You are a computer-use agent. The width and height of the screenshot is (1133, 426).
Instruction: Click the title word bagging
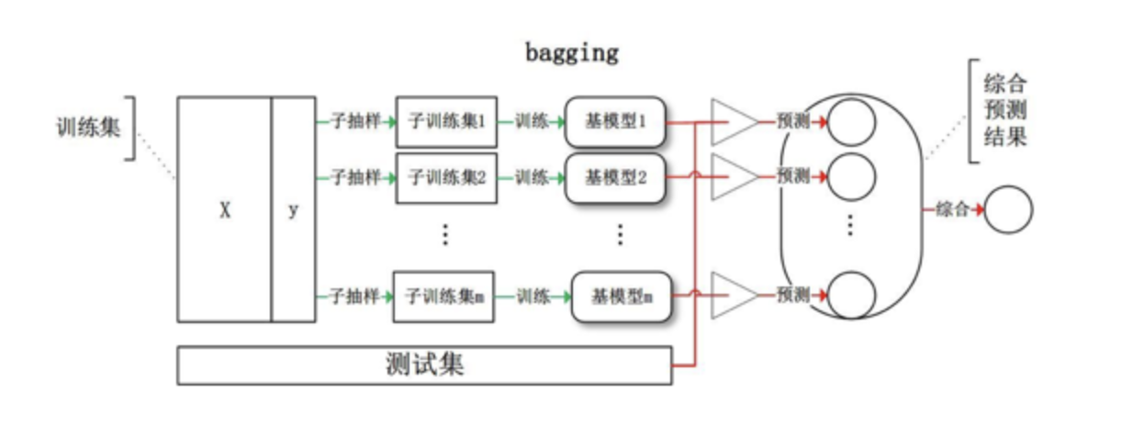(x=572, y=52)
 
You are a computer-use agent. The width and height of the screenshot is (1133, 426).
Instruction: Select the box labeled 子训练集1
(x=446, y=121)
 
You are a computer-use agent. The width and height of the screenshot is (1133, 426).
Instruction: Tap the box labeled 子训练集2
(x=446, y=177)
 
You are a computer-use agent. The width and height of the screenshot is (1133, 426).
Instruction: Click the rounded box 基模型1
(x=615, y=121)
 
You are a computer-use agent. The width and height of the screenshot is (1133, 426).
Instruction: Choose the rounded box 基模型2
(x=615, y=177)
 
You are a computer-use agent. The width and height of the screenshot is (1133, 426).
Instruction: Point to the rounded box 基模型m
(x=622, y=296)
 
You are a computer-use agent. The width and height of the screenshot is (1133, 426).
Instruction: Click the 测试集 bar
(x=424, y=365)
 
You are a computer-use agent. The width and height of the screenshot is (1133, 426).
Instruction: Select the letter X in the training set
(x=224, y=210)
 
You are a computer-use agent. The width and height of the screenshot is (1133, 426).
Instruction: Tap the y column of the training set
(x=293, y=210)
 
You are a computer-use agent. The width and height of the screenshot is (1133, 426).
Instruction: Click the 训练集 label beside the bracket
(x=88, y=127)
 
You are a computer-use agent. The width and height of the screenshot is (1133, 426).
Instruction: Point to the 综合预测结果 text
(x=1004, y=112)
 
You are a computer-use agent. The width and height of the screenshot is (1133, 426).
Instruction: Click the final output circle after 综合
(x=1008, y=209)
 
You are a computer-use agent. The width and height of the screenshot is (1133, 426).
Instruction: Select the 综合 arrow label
(x=952, y=209)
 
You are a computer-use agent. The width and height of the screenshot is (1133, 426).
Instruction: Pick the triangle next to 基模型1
(x=732, y=121)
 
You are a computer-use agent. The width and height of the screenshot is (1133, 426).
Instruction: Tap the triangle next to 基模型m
(x=732, y=296)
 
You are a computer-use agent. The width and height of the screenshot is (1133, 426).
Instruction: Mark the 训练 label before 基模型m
(x=533, y=296)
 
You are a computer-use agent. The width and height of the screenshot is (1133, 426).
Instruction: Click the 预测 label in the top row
(x=792, y=121)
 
